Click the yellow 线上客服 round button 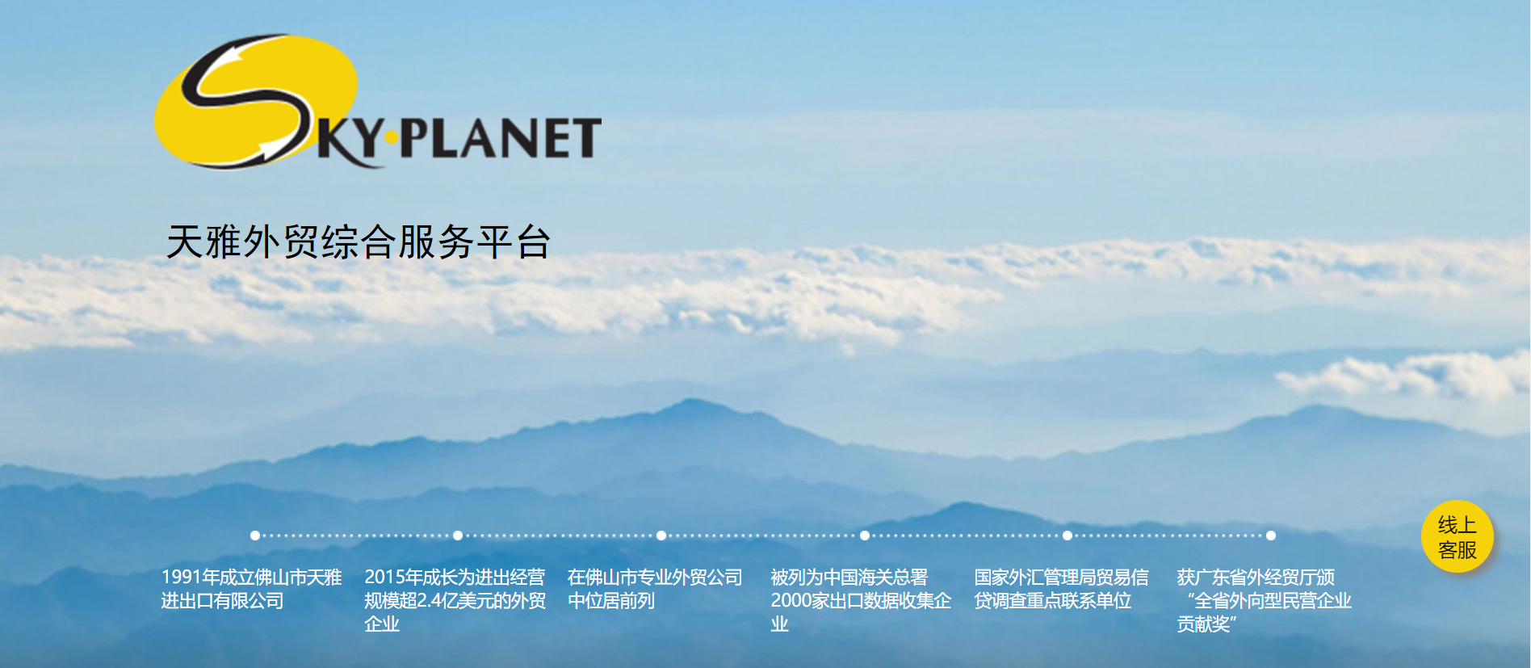(1457, 537)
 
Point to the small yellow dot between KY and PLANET (392, 138)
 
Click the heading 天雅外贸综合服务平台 (359, 242)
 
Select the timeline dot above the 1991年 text (255, 536)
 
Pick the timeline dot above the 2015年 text (458, 536)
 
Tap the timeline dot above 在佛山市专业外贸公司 (661, 536)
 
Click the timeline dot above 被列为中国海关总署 (865, 536)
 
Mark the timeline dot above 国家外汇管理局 (1068, 536)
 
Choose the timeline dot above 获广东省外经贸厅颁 (1271, 536)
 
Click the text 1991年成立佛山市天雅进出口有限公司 (251, 589)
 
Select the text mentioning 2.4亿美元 (455, 600)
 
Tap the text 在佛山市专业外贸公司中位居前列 (655, 589)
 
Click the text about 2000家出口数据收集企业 (861, 600)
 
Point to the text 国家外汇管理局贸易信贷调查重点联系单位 (1061, 589)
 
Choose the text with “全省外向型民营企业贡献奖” (1264, 600)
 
